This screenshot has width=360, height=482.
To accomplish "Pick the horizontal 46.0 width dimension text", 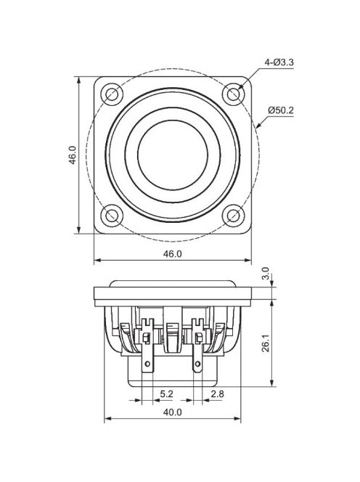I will pyautogui.click(x=173, y=254).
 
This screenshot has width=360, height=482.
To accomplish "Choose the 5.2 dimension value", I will pyautogui.click(x=166, y=393).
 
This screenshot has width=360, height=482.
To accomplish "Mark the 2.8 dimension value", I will pyautogui.click(x=216, y=393).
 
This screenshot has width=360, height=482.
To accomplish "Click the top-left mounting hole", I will pyautogui.click(x=113, y=94).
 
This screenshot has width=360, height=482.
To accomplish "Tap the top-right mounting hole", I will pyautogui.click(x=232, y=94).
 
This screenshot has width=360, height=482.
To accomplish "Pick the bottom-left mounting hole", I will pyautogui.click(x=113, y=215).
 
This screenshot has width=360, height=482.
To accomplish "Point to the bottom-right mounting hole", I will pyautogui.click(x=232, y=215).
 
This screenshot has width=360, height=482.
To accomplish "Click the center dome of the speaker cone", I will pyautogui.click(x=173, y=155).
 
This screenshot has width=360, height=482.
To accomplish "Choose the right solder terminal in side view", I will pyautogui.click(x=196, y=360).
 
